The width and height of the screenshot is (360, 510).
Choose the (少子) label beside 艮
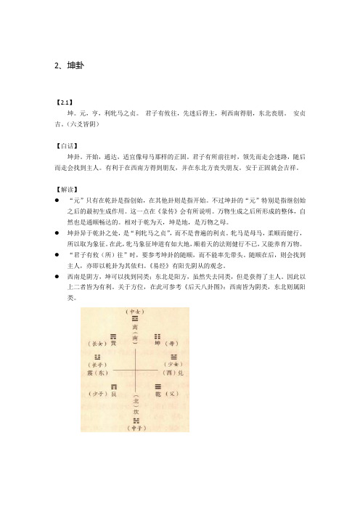95,394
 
